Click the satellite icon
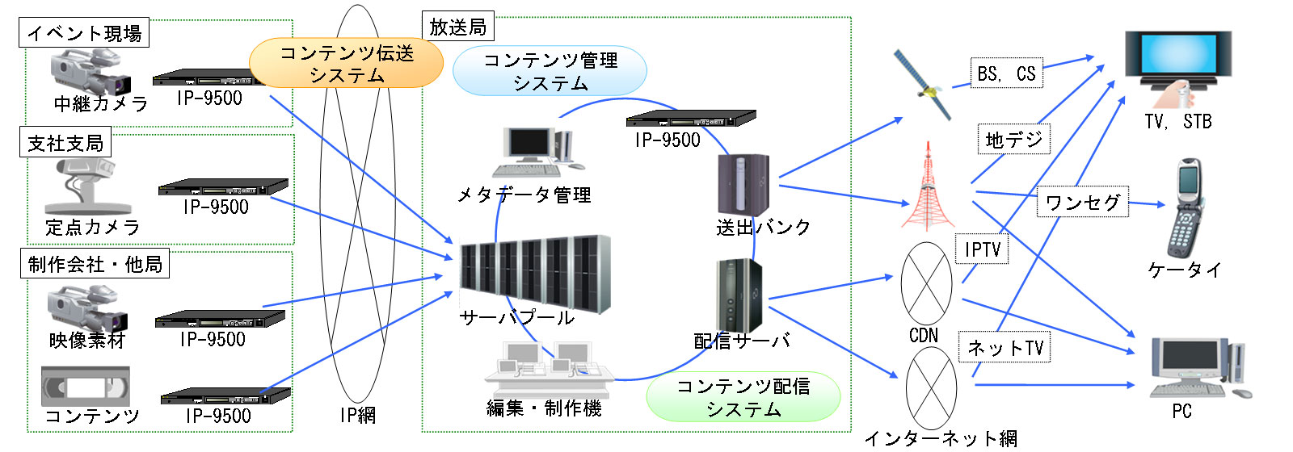(923, 84)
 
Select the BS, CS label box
(1006, 73)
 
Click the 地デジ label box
(1013, 140)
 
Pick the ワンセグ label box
(1082, 202)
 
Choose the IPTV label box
(982, 250)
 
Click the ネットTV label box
(1005, 348)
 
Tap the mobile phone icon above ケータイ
(1186, 207)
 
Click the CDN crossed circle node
(926, 283)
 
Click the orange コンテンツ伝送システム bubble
(346, 63)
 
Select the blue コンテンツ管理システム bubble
(550, 71)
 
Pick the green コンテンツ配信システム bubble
(743, 396)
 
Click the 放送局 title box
(458, 27)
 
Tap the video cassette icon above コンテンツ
(86, 387)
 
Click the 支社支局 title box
(65, 144)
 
